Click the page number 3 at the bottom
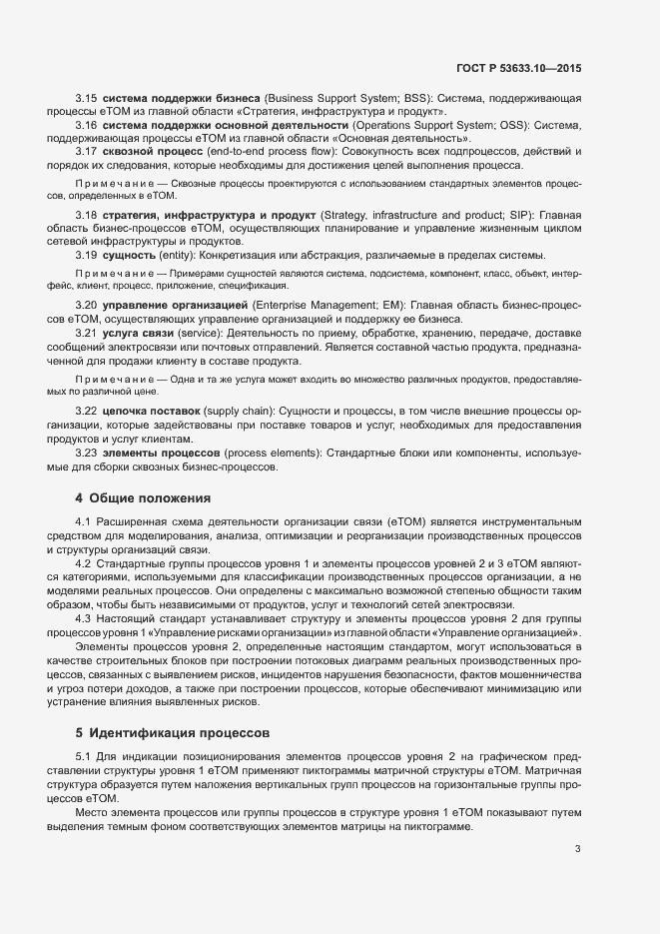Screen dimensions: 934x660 pos(577,849)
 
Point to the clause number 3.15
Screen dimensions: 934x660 pos(86,98)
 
